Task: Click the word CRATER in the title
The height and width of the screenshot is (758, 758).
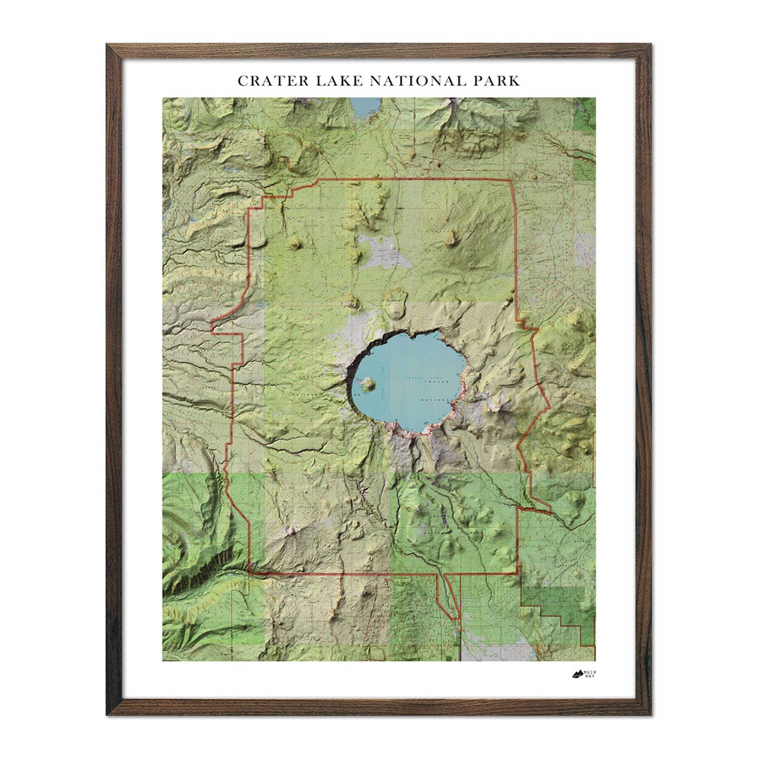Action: pyautogui.click(x=266, y=81)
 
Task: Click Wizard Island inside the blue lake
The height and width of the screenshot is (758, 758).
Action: pyautogui.click(x=366, y=382)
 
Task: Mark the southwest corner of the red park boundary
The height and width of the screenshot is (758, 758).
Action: pyautogui.click(x=250, y=572)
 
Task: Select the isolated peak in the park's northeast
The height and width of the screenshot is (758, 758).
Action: pyautogui.click(x=451, y=238)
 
